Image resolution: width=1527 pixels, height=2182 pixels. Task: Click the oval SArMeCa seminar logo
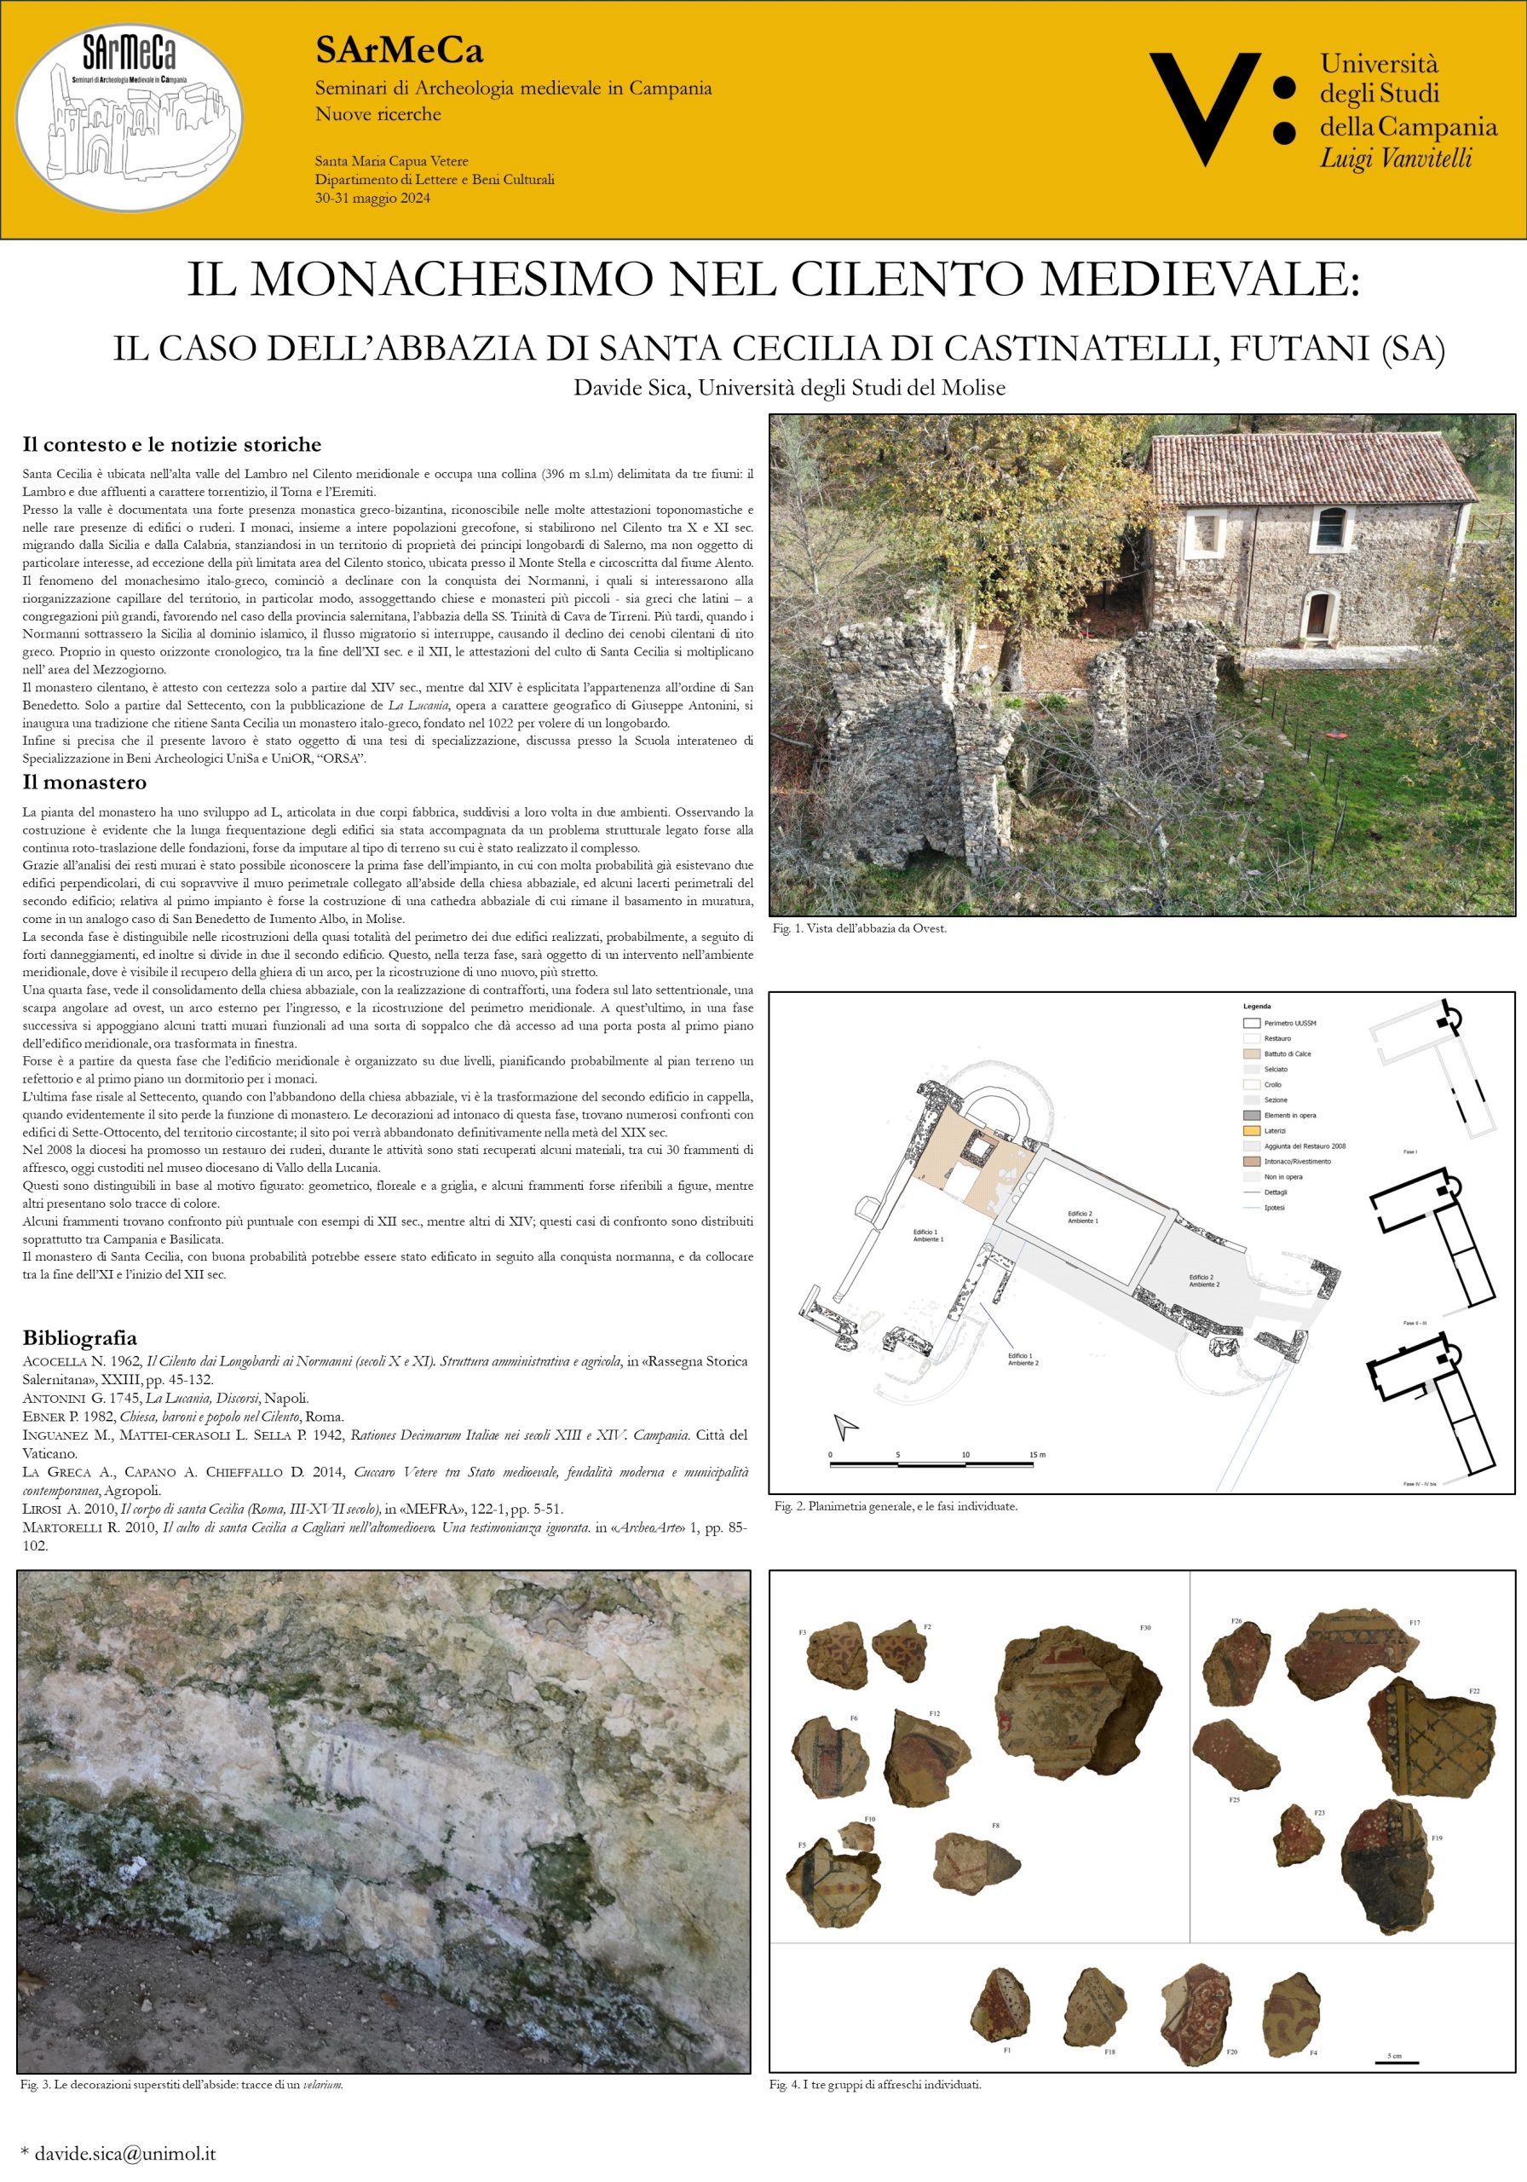click(129, 118)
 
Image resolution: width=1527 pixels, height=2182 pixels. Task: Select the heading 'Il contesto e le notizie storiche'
click(172, 445)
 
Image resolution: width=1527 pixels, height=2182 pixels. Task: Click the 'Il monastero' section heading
click(84, 782)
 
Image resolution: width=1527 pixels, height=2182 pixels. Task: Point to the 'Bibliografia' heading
click(80, 1337)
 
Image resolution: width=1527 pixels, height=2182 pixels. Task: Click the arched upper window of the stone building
click(1331, 528)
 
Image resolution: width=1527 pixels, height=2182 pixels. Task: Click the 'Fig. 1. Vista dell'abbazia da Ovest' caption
click(859, 928)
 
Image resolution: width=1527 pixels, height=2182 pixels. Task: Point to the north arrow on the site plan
click(844, 1425)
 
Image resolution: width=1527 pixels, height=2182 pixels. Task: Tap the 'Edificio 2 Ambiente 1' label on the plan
click(1082, 1217)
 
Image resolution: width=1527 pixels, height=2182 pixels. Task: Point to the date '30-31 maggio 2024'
click(372, 198)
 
